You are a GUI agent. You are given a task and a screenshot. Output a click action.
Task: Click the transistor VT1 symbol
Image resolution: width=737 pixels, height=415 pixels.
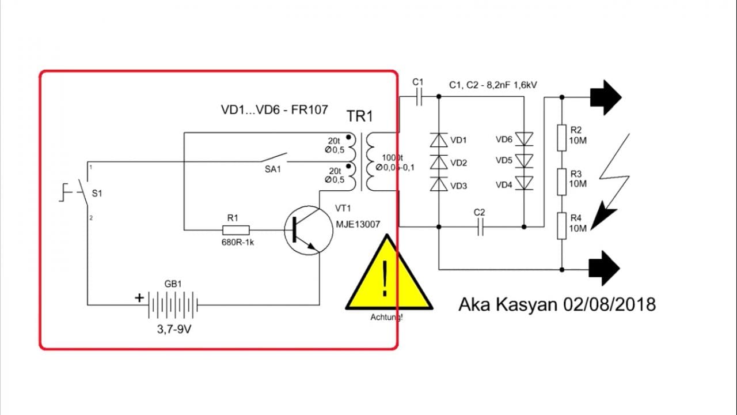pyautogui.click(x=310, y=229)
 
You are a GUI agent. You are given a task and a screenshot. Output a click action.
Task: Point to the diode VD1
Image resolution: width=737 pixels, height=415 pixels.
pyautogui.click(x=439, y=140)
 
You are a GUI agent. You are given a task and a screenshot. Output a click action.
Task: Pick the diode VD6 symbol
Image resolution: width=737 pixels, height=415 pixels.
pyautogui.click(x=524, y=139)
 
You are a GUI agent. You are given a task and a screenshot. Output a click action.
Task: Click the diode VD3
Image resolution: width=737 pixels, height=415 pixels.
pyautogui.click(x=439, y=184)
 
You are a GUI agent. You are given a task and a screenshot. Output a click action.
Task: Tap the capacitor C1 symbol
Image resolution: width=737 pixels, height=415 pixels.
pyautogui.click(x=419, y=97)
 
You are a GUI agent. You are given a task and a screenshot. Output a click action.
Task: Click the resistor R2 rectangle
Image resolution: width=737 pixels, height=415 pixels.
pyautogui.click(x=562, y=139)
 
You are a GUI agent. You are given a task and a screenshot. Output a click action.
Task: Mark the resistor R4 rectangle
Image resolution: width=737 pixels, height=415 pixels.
pyautogui.click(x=562, y=226)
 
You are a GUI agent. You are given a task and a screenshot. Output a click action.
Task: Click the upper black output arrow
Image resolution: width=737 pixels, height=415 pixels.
pyautogui.click(x=605, y=96)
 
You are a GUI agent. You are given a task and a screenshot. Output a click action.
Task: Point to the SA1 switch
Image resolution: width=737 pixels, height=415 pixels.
pyautogui.click(x=274, y=158)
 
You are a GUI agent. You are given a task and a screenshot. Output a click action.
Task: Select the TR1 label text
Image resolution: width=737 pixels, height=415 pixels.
pyautogui.click(x=359, y=116)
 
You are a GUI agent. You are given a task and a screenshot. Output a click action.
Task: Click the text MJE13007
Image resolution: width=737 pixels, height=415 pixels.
pyautogui.click(x=358, y=224)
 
